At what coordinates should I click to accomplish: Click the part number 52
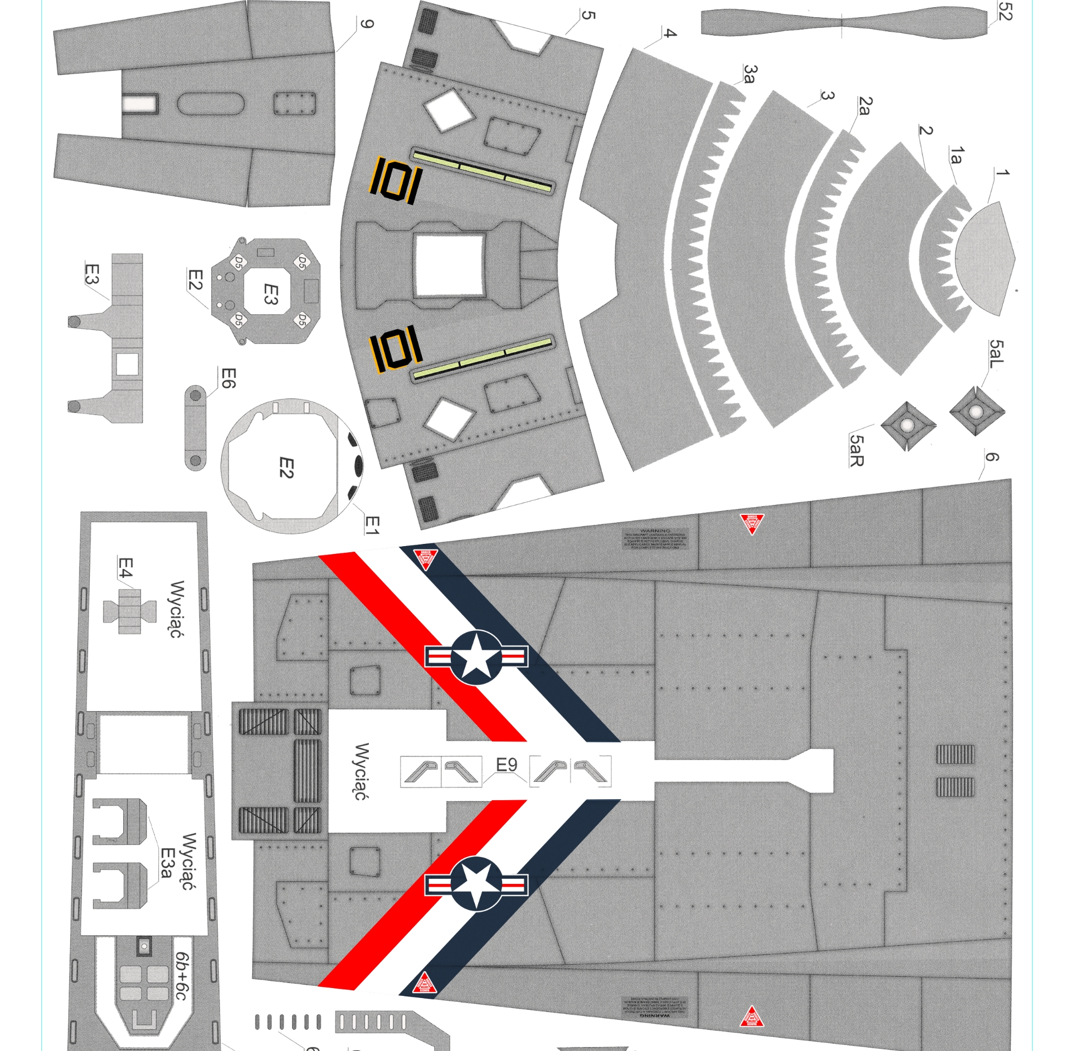click(x=1004, y=11)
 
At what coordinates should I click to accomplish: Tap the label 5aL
click(x=996, y=354)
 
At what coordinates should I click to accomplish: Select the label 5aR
click(x=857, y=450)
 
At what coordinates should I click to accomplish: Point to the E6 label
click(x=228, y=378)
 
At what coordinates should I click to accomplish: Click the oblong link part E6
click(x=195, y=428)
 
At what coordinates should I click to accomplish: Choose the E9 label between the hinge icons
click(x=506, y=765)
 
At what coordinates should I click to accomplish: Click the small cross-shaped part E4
click(x=129, y=611)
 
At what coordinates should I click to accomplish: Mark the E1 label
click(x=372, y=525)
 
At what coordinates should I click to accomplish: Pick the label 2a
click(x=864, y=105)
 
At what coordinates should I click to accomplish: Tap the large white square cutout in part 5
click(x=449, y=265)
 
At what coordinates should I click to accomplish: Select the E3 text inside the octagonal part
click(x=270, y=294)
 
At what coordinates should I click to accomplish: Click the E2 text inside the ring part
click(x=285, y=467)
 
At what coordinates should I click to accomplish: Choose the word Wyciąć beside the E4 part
click(x=177, y=609)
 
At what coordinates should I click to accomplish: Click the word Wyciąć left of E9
click(x=362, y=771)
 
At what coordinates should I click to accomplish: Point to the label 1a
click(x=956, y=156)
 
